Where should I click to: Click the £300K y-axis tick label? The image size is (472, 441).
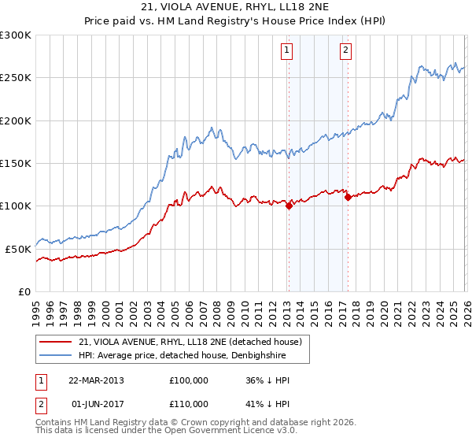click(16, 35)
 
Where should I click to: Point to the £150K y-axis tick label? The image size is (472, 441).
click(16, 163)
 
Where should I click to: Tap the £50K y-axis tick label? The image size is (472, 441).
click(18, 248)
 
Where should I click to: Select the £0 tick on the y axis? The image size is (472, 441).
click(25, 291)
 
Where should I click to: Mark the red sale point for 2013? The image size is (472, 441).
click(288, 206)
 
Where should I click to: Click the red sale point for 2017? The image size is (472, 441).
click(347, 198)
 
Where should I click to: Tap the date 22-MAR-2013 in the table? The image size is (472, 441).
click(95, 380)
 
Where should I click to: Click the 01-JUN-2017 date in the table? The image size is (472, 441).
click(95, 405)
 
